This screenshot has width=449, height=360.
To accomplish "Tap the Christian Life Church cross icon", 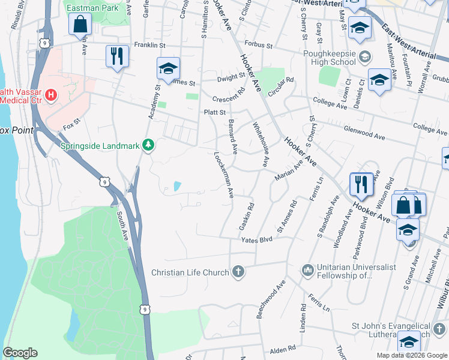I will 238,272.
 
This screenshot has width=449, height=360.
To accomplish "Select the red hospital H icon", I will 50,95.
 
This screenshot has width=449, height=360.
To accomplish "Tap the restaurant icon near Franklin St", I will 116,56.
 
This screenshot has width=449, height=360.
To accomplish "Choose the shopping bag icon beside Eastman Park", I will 79,24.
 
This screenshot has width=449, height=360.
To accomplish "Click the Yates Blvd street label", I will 257,240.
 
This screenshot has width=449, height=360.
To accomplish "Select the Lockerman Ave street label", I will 224,175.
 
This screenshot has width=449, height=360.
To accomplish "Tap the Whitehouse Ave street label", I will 261,145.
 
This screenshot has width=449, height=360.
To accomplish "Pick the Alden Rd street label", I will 283,348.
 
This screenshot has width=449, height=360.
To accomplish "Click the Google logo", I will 20,353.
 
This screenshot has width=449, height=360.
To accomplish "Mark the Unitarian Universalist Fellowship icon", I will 307,271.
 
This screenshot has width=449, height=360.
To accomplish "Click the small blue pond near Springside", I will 176,187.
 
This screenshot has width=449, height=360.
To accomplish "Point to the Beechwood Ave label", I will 271,300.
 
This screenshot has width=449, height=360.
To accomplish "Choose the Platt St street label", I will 214,112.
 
